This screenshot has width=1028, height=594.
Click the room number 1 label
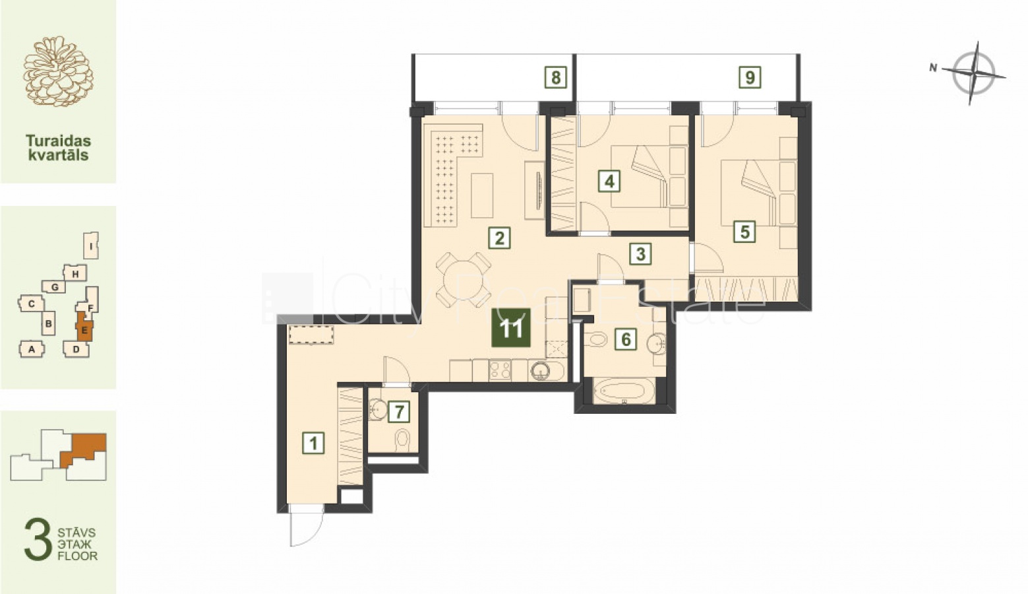(x=313, y=443)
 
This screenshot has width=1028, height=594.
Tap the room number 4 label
(x=609, y=181)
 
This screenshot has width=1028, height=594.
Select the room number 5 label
(x=744, y=232)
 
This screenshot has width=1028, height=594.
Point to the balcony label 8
(x=556, y=77)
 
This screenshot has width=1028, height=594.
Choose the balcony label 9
(x=750, y=77)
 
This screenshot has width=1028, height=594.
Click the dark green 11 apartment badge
(x=511, y=327)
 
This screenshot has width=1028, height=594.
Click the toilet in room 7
(x=402, y=439)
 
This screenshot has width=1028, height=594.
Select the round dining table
(x=463, y=280)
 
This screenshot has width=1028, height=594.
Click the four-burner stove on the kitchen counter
(x=500, y=370)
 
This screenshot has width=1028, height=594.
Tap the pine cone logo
(x=58, y=71)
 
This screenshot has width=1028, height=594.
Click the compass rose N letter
(x=933, y=68)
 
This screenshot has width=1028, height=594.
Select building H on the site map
(x=75, y=273)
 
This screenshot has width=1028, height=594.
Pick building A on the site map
(x=32, y=349)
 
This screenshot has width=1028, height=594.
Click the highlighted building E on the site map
(x=84, y=327)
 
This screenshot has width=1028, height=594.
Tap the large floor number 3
(x=38, y=539)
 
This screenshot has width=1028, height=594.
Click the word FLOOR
(x=77, y=556)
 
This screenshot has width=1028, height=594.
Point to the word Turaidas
(x=58, y=141)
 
